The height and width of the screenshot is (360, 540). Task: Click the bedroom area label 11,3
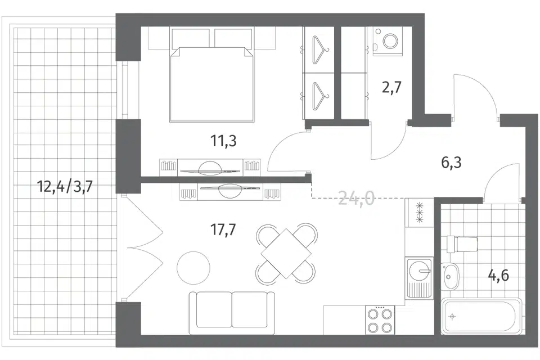(x=223, y=141)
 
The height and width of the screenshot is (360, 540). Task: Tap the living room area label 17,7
(x=223, y=229)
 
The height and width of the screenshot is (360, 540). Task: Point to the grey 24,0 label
(x=357, y=198)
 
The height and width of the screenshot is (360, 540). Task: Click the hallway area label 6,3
(x=451, y=162)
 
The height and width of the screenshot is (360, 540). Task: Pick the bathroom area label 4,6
(x=498, y=276)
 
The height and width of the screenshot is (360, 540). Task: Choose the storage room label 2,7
(x=392, y=87)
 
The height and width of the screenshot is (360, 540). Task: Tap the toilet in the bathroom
(x=462, y=244)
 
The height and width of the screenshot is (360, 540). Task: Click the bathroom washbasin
(x=451, y=277)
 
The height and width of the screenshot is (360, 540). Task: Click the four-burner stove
(x=380, y=320)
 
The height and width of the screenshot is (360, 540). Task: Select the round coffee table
(x=193, y=268)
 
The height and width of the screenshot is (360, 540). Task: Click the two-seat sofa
(x=232, y=313)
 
